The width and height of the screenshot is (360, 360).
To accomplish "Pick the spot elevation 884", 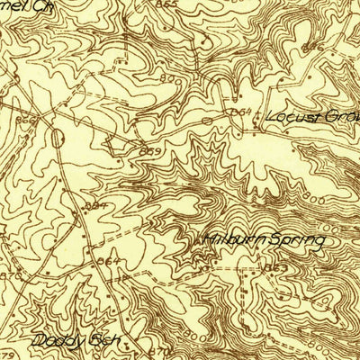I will click(x=94, y=206).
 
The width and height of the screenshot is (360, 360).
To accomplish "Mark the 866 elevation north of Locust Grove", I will click(x=312, y=45).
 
